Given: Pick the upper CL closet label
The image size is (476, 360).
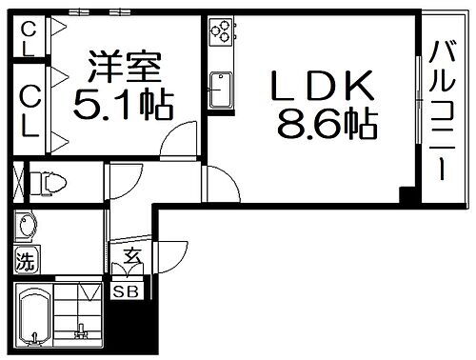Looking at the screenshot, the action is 30,40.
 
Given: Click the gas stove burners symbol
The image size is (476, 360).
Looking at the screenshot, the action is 221,33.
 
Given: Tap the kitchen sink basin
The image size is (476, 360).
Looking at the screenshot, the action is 220,93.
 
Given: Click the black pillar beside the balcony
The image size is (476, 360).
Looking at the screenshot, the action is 407,198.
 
